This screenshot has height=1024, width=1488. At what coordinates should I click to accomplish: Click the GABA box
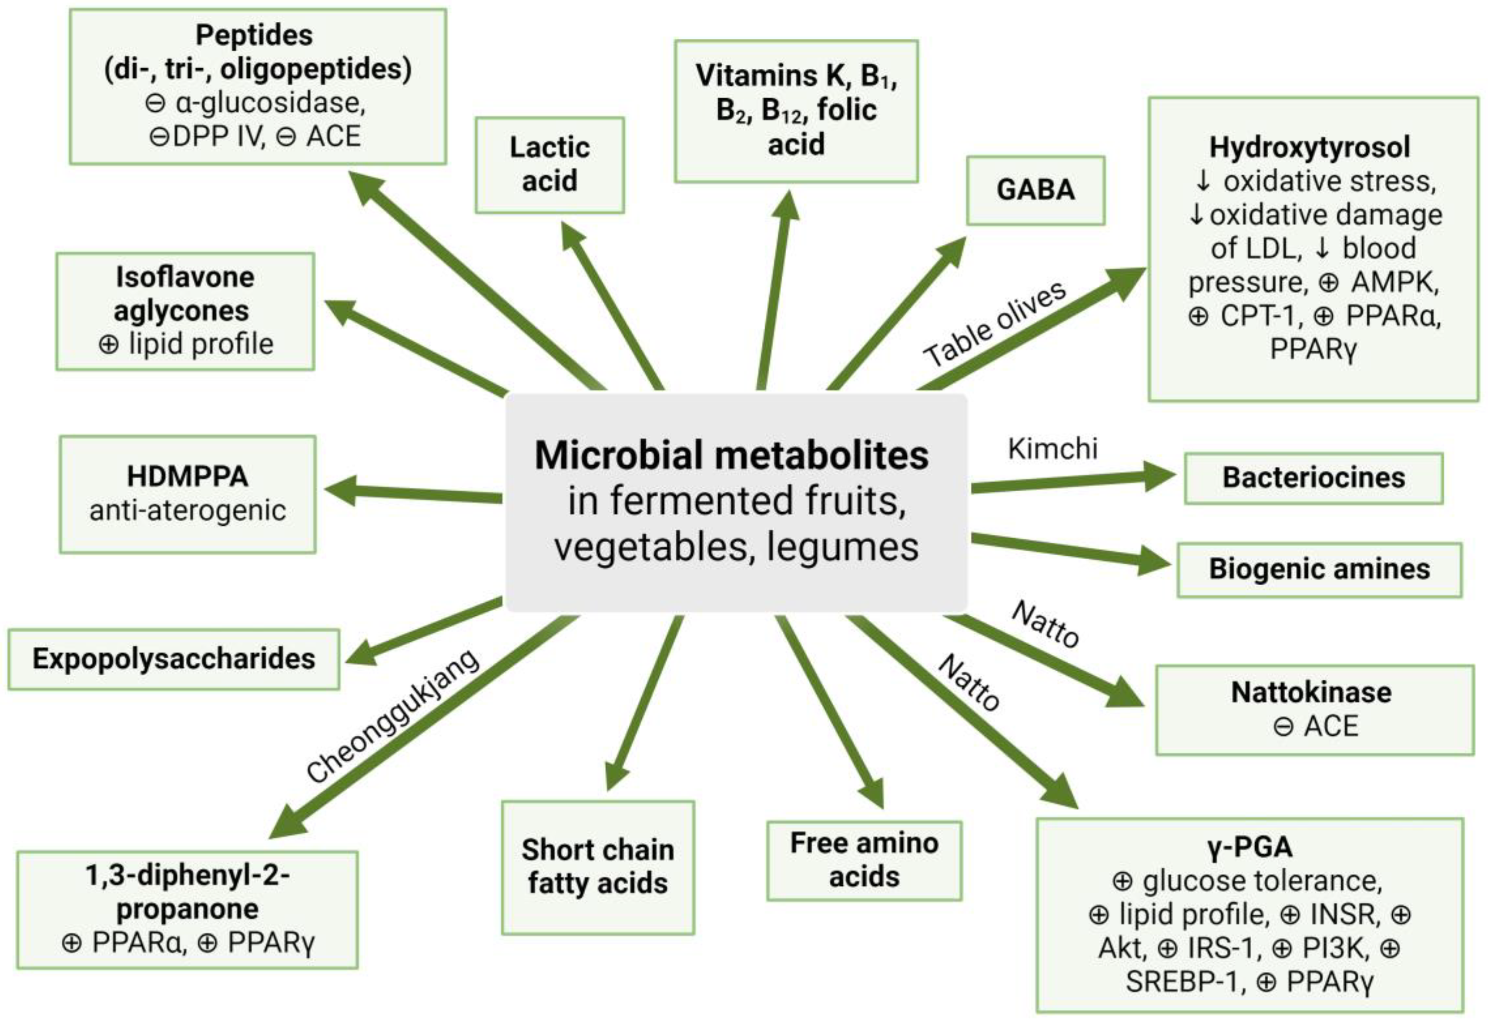1035,190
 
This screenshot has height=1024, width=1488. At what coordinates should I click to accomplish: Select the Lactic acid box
550,165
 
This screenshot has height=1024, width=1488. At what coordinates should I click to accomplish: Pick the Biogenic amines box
1319,570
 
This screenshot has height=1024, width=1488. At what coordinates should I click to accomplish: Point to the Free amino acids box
864,861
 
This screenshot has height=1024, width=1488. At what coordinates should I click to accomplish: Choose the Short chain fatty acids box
598,867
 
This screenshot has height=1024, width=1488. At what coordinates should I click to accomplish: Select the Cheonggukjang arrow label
393,716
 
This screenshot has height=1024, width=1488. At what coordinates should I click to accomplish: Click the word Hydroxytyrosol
1310,147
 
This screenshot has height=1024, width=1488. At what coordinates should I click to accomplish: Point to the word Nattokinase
1311,692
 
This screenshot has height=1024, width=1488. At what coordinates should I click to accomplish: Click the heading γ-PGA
1249,847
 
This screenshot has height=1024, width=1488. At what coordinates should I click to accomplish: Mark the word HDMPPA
188,477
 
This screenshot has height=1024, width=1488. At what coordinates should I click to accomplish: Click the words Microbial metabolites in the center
732,456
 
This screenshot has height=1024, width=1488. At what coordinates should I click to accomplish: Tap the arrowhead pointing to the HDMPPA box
340,491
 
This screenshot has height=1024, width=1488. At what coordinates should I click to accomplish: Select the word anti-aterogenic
188,511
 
